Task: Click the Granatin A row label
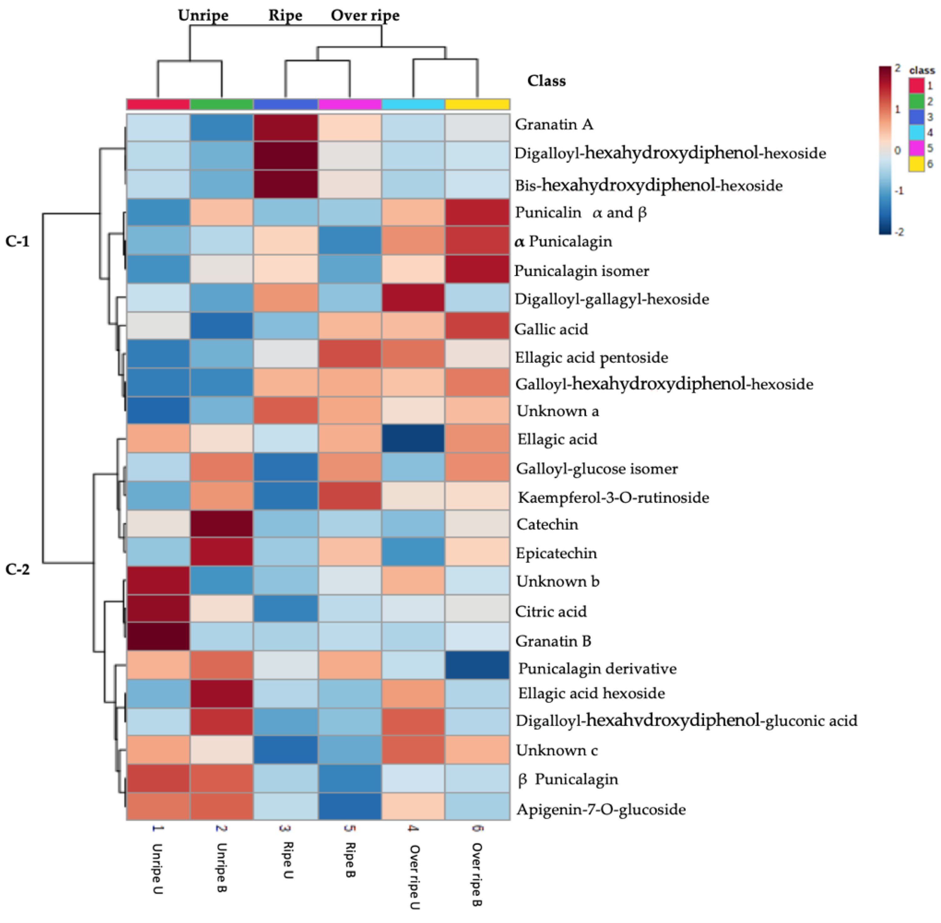(x=554, y=124)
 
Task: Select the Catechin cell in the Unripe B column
(x=221, y=524)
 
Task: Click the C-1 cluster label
(x=18, y=241)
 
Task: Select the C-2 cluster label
(x=18, y=569)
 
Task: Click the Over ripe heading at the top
(x=365, y=16)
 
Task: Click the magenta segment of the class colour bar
(x=350, y=104)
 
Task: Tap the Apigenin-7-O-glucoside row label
(x=601, y=809)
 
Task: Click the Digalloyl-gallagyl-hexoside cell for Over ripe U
(x=413, y=298)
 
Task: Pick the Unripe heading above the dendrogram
(x=203, y=16)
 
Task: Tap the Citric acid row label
(x=551, y=611)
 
